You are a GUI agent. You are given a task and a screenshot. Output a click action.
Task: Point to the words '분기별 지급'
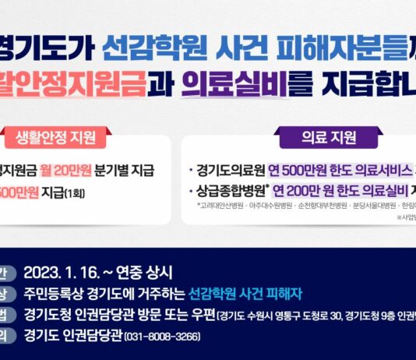[x=126, y=171]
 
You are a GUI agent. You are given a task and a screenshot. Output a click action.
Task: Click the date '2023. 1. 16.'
[x=60, y=273]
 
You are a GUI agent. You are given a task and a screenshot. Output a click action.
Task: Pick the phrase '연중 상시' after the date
[x=144, y=273]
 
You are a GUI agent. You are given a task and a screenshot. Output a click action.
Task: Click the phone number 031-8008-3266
[x=158, y=337]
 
